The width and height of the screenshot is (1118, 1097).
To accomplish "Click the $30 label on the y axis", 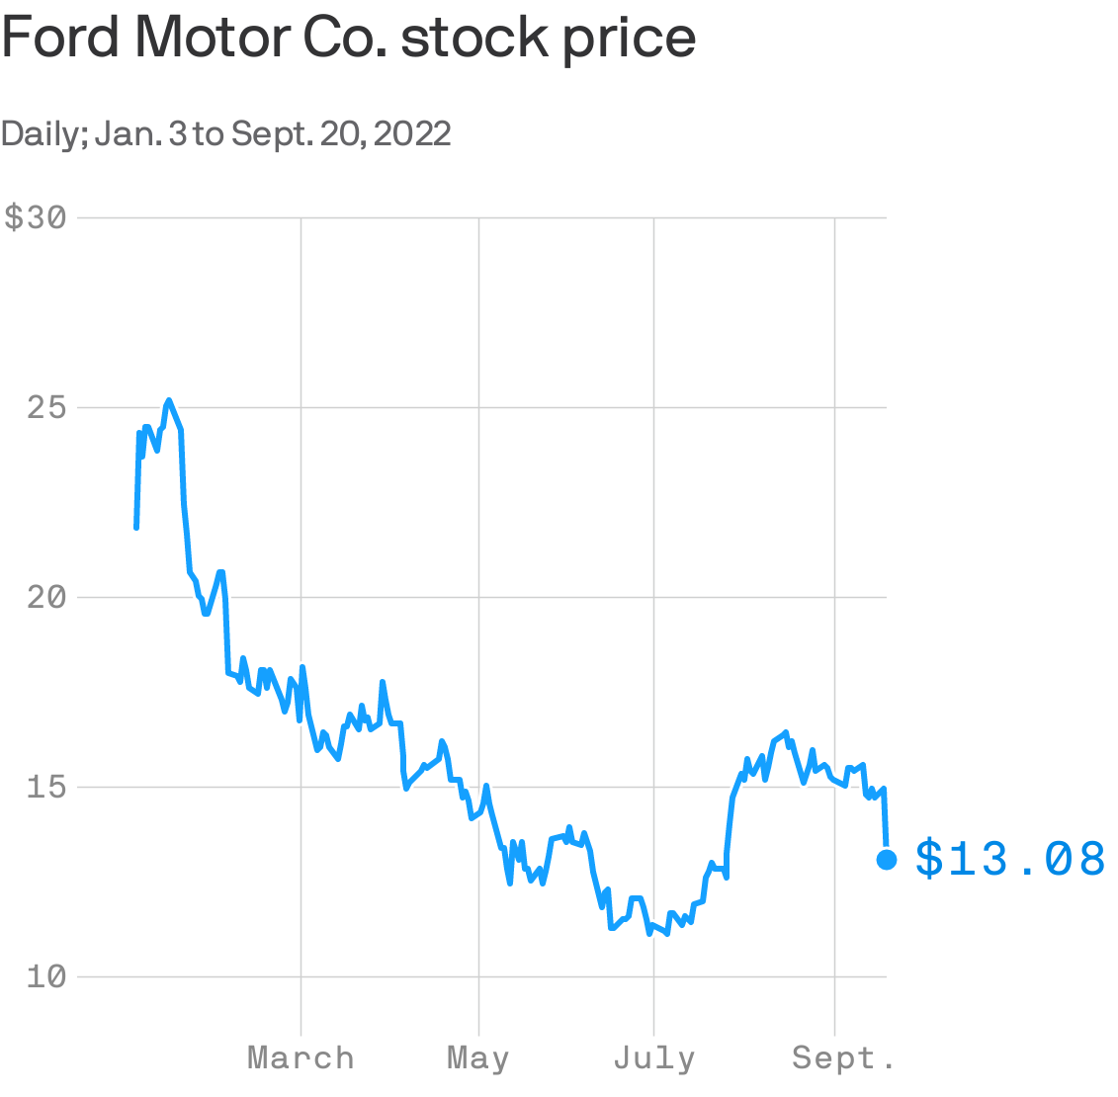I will pos(36,218).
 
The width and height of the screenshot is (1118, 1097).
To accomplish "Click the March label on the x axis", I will pos(301,1058).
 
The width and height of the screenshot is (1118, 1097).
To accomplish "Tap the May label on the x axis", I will pos(478,1058).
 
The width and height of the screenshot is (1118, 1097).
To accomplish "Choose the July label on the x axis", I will pos(653,1058).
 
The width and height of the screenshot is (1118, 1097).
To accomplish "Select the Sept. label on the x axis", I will pos(843,1058).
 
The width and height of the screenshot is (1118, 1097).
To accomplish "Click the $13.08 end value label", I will pos(1010,859).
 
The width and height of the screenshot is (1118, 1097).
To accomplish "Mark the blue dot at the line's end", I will pos(887,860).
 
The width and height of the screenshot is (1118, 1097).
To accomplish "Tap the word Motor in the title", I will pos(212,38).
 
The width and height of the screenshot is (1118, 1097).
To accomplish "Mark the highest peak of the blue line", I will pos(169,400).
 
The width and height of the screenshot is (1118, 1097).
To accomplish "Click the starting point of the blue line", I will pos(136,528).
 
